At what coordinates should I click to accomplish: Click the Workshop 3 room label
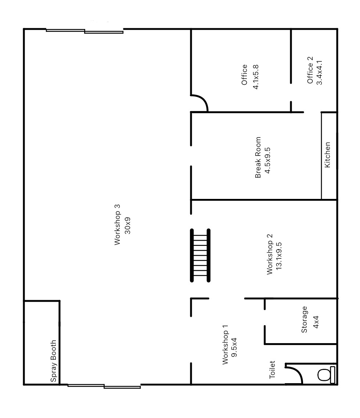point(117,225)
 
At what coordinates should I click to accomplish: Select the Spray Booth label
point(54,361)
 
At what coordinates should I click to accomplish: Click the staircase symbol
point(200,255)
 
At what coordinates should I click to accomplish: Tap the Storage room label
point(304,319)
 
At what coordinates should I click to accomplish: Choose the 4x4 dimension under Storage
point(315,320)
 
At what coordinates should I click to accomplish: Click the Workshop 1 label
point(226,344)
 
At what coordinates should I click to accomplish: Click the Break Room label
point(258,157)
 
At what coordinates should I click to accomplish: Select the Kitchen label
point(327,155)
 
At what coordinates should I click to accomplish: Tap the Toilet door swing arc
point(296,372)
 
